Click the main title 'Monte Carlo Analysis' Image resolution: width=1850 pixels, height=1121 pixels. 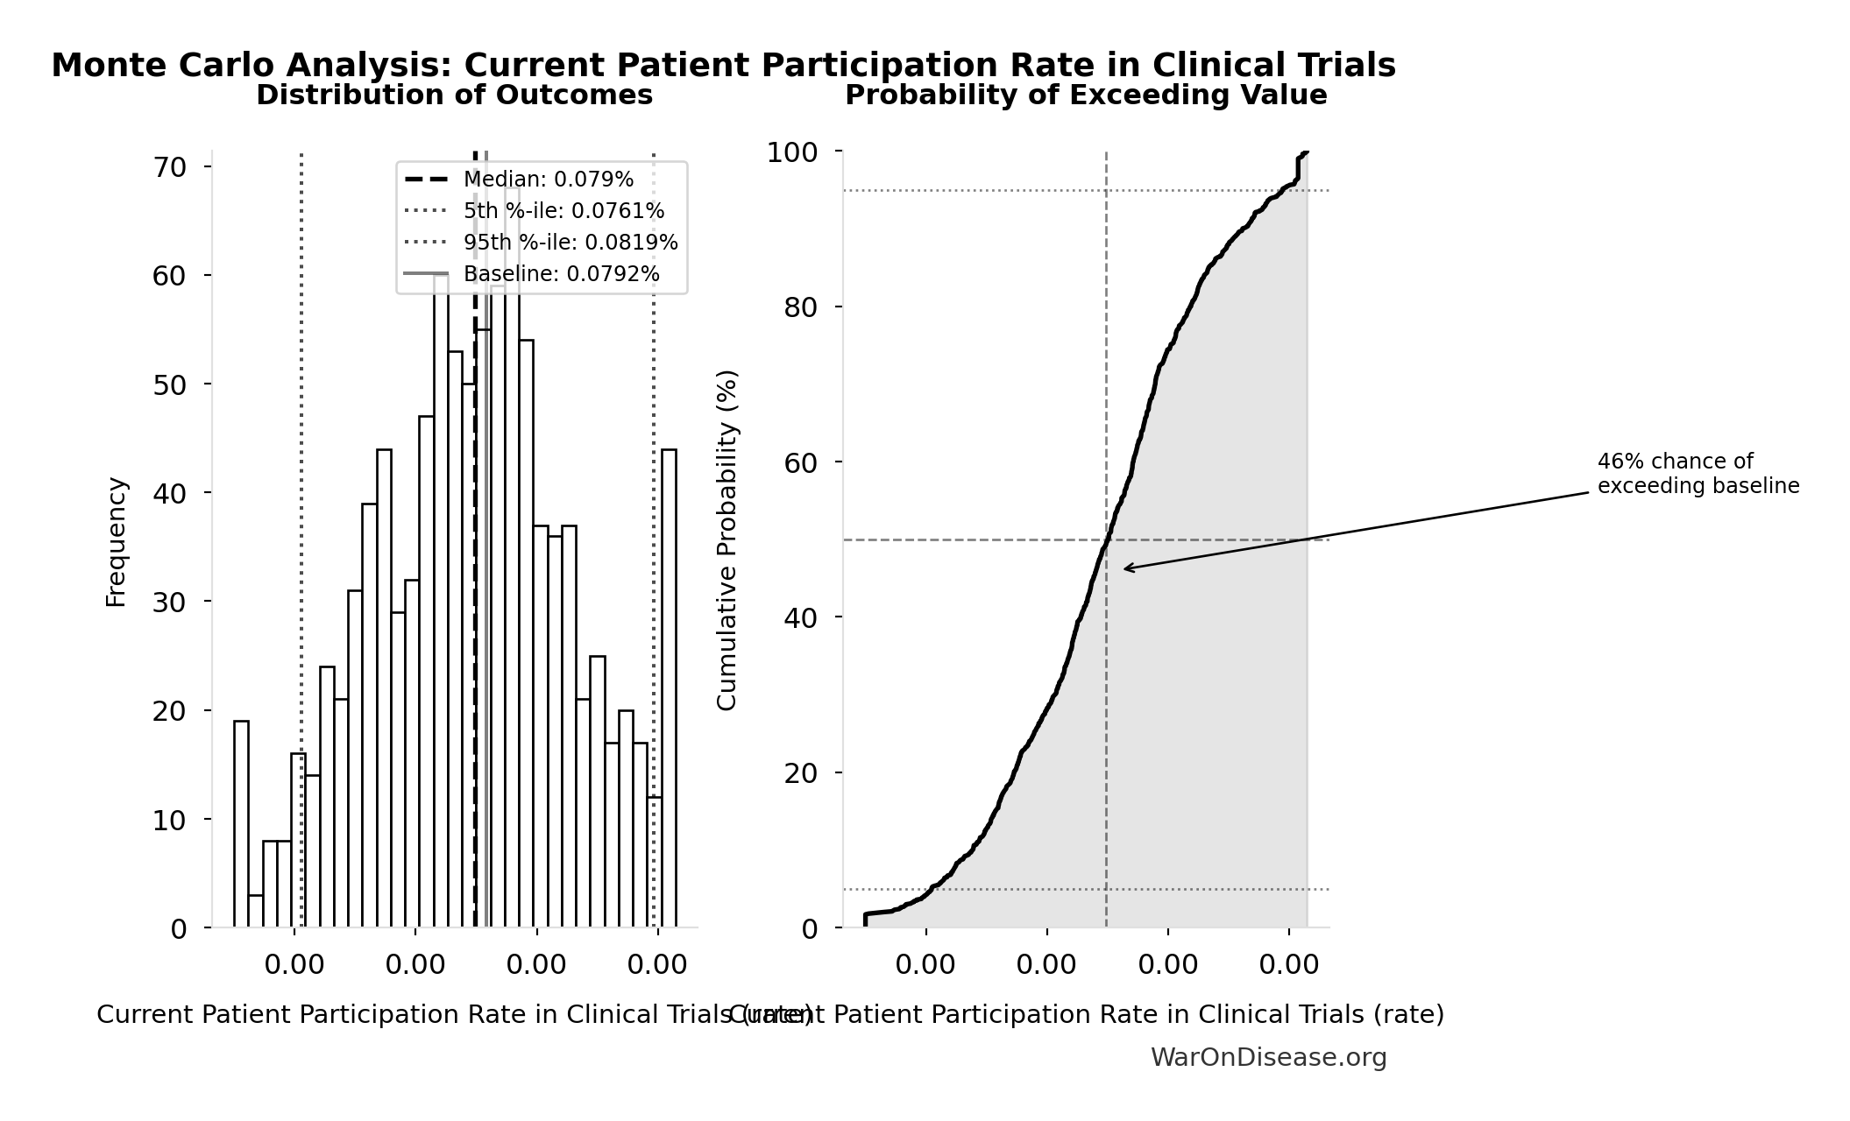coord(722,66)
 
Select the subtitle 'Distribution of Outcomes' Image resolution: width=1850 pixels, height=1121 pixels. coord(454,95)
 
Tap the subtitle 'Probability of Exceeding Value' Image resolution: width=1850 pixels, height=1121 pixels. coord(1085,95)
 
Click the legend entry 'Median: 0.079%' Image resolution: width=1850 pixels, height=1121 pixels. coord(548,180)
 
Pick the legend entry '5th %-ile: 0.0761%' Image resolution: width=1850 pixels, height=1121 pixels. coord(564,211)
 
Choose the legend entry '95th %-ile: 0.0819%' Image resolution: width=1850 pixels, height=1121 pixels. coord(570,243)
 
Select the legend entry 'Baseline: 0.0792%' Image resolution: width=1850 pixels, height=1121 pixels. coord(561,274)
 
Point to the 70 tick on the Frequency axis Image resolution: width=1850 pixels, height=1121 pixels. coord(170,167)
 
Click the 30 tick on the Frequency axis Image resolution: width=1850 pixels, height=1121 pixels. coord(170,603)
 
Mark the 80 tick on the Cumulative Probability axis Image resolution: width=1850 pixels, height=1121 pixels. coord(800,307)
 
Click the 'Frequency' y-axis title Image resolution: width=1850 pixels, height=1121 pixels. coord(116,541)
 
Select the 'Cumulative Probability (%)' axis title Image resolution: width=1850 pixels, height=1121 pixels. coord(727,539)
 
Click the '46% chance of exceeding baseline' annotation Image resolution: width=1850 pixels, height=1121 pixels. coord(1697,474)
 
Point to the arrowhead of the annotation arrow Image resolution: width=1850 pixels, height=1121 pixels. coord(1126,569)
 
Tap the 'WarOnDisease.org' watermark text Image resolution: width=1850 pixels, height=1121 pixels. coord(1268,1058)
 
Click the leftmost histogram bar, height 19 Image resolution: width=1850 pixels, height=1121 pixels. coord(241,823)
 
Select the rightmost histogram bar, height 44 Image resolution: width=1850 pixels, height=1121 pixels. coord(669,687)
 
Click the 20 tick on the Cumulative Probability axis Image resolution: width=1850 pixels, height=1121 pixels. coord(800,773)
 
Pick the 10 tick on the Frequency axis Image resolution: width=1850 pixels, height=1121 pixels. coord(170,821)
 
